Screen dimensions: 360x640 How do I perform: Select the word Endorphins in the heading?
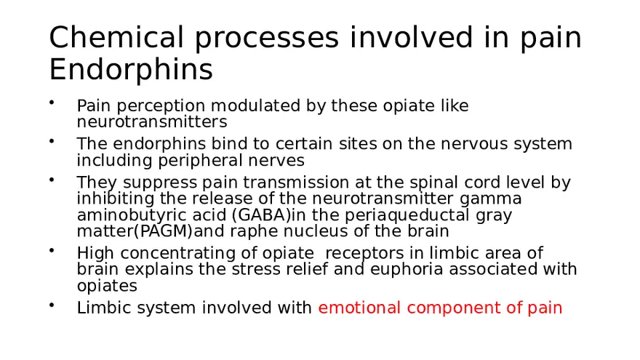point(131,71)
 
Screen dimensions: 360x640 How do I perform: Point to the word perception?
point(150,106)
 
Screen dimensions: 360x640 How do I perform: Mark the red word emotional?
point(359,308)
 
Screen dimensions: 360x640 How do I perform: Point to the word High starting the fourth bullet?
point(93,252)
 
